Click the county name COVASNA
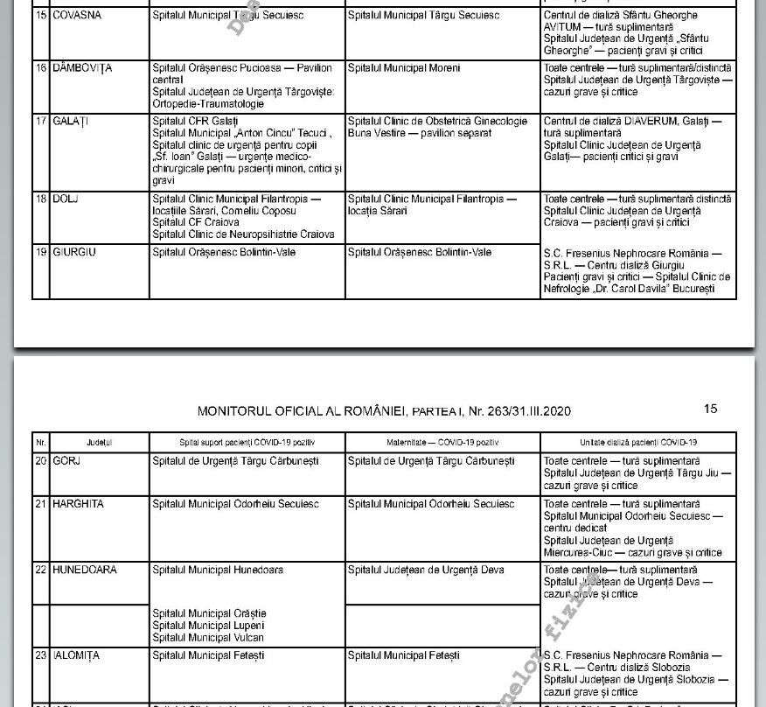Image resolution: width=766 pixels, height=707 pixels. coord(76,16)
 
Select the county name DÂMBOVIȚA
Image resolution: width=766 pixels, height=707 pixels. coord(82,68)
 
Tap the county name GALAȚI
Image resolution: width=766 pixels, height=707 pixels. coord(71,121)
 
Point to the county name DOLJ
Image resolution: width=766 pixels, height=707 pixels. coord(66,199)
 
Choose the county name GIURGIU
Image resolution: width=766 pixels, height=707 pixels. coord(74,252)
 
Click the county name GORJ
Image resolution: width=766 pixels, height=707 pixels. coord(66,461)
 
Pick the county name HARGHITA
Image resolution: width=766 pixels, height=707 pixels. coord(78,504)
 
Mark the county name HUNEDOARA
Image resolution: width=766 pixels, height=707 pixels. coord(85,570)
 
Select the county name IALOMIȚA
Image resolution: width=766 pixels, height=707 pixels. coord(76,655)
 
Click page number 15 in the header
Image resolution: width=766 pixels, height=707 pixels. coord(710,409)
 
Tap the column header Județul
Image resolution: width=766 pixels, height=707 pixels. coord(99,443)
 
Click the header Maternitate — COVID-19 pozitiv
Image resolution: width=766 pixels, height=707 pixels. coord(442,443)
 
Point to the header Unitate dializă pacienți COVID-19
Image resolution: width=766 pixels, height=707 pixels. coord(637,443)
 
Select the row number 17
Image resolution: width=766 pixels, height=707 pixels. coord(41,121)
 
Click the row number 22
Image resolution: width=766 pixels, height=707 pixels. coord(41,570)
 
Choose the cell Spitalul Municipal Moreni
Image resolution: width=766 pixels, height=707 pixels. coord(404,68)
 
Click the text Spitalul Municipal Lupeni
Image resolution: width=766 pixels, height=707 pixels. coord(207,626)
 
